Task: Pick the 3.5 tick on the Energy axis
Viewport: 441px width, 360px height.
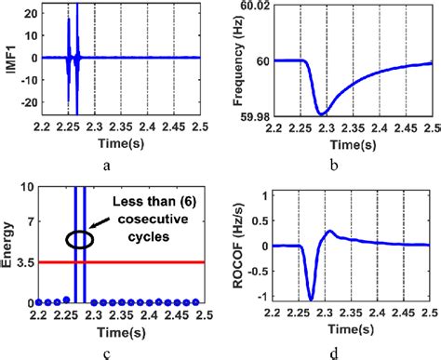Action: click(x=28, y=263)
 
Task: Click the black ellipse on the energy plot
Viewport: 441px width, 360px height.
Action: click(x=79, y=239)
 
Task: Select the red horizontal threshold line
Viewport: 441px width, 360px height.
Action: click(x=140, y=262)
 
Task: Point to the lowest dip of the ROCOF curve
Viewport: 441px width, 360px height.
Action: click(x=311, y=299)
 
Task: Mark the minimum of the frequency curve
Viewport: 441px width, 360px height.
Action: click(x=322, y=113)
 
